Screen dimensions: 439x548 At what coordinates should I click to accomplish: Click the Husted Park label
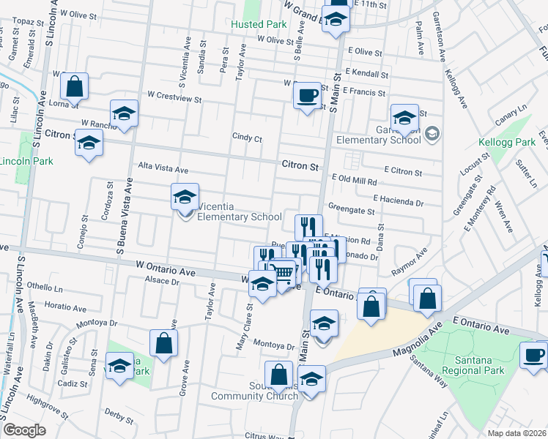(x=257, y=24)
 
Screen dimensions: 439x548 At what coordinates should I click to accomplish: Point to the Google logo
(x=24, y=430)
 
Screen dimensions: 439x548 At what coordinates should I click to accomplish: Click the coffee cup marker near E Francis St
(x=307, y=94)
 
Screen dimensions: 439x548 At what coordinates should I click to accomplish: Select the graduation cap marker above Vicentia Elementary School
(x=185, y=196)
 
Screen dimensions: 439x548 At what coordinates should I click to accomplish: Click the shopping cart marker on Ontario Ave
(x=283, y=274)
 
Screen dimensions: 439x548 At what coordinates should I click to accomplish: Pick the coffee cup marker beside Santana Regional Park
(x=533, y=356)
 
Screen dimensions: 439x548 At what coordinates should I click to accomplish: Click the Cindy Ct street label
(x=247, y=137)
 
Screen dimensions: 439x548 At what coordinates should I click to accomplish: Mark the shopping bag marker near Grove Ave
(x=163, y=342)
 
